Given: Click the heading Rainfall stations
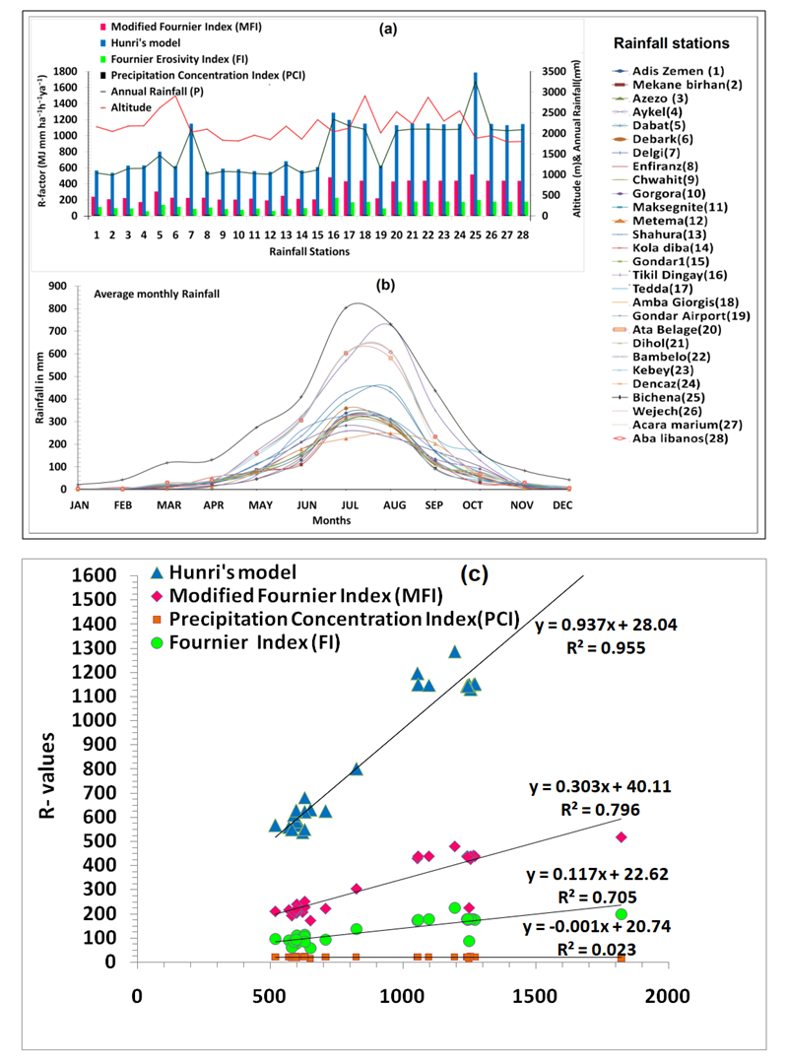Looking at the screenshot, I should [671, 43].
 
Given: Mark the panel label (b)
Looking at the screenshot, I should [387, 286].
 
